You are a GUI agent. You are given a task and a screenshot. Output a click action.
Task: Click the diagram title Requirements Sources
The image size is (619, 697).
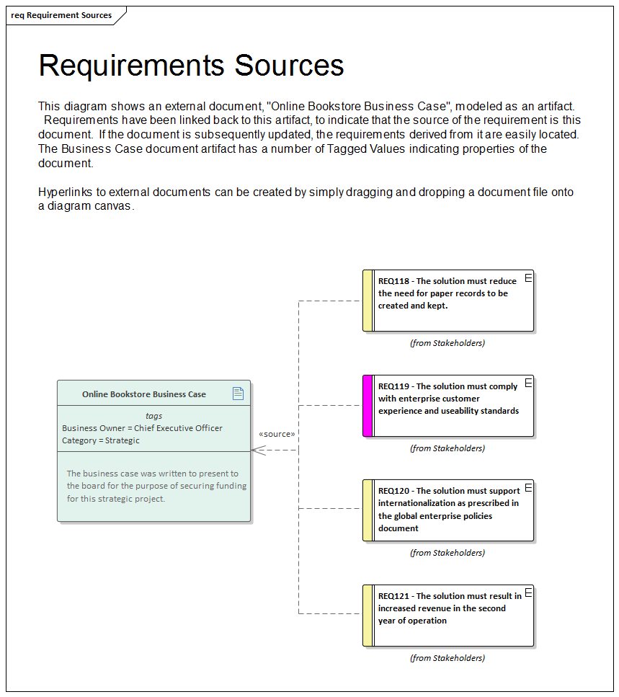click(x=191, y=66)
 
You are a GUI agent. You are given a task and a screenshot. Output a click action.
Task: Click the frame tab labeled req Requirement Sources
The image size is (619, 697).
click(x=62, y=15)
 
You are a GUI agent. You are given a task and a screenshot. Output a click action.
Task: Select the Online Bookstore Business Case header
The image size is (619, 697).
click(x=143, y=394)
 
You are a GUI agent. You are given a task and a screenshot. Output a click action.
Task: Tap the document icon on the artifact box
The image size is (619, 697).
click(x=238, y=393)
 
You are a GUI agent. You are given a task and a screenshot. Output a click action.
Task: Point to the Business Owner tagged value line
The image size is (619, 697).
click(x=142, y=428)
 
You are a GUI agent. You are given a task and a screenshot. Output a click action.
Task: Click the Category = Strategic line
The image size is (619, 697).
click(x=101, y=440)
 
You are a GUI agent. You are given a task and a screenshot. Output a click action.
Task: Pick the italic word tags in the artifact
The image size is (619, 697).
click(x=153, y=416)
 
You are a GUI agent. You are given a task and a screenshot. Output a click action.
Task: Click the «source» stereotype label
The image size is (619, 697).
click(x=277, y=434)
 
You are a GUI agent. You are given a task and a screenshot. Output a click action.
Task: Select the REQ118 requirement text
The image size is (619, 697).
click(x=447, y=293)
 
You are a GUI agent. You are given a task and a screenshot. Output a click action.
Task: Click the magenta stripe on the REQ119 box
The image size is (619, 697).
click(x=368, y=406)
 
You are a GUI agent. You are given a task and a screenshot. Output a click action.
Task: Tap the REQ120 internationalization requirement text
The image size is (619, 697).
click(x=448, y=510)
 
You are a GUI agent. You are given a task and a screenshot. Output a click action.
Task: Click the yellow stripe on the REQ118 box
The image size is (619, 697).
click(x=368, y=301)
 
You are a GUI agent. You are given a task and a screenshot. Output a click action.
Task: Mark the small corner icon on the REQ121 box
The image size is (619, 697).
click(x=528, y=592)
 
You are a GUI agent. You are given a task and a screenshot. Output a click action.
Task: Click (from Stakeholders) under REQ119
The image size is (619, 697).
click(x=447, y=448)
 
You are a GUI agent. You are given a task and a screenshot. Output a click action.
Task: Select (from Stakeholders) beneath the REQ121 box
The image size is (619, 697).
click(x=447, y=658)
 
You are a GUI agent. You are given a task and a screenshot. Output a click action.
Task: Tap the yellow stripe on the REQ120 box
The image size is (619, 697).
click(x=368, y=510)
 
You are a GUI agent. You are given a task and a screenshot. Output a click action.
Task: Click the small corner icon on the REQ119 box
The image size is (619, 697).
click(x=528, y=383)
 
